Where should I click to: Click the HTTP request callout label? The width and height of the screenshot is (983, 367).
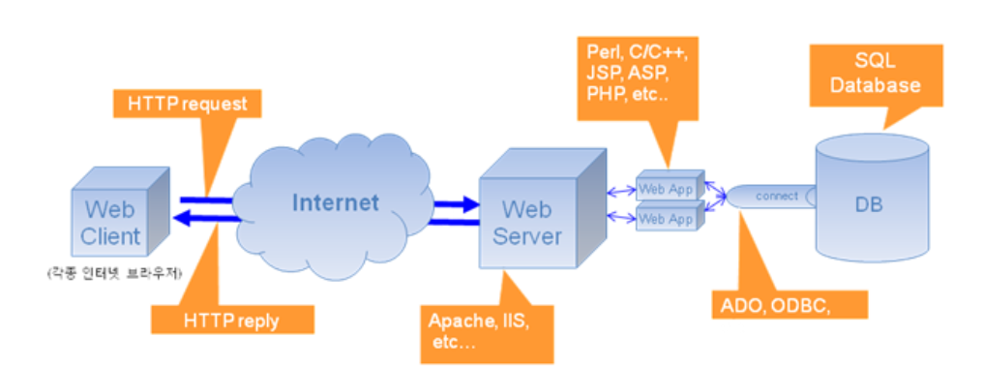tap(187, 104)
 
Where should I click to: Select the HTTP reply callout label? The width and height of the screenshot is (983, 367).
tap(232, 320)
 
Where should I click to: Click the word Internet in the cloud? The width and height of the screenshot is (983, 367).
tap(336, 202)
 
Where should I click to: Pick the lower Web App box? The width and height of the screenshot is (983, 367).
tap(670, 217)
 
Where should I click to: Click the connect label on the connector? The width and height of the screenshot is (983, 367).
tap(777, 196)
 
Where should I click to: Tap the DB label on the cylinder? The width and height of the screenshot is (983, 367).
tap(868, 204)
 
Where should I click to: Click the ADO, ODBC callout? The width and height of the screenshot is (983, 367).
tap(789, 304)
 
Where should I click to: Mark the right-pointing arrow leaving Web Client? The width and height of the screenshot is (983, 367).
tap(206, 200)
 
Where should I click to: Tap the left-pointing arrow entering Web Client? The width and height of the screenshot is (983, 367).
tap(206, 218)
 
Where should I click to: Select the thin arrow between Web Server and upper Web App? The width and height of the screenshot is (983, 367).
tap(621, 190)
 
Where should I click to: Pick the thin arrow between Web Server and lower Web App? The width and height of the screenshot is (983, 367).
tap(621, 217)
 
